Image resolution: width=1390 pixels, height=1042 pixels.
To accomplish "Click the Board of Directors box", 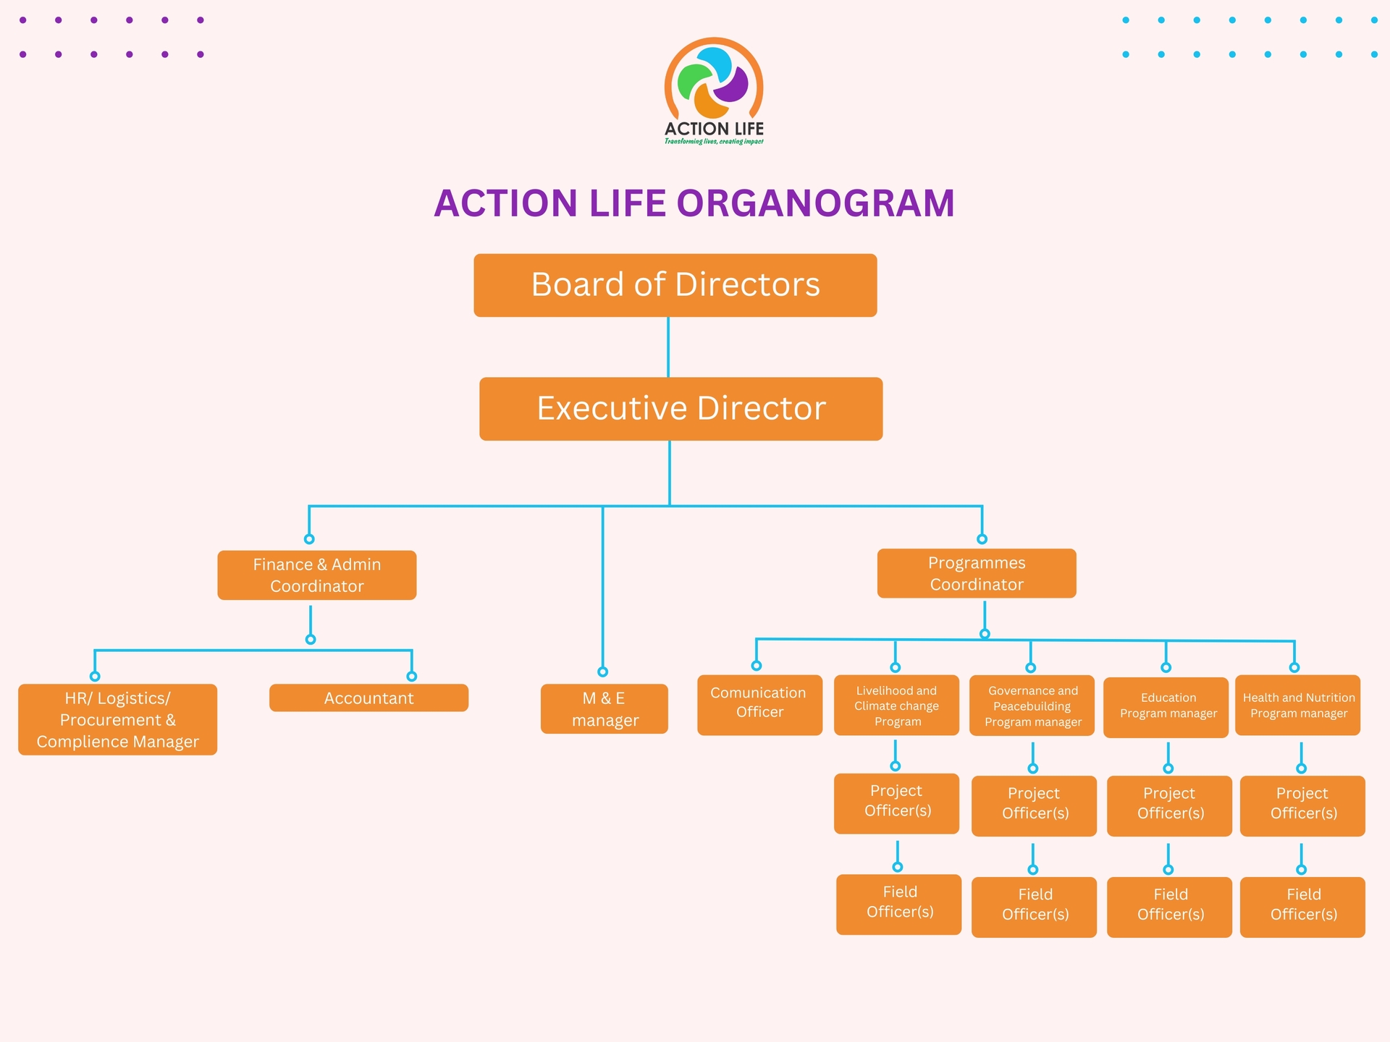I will [x=675, y=285].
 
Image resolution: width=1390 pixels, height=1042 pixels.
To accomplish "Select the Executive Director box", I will [x=681, y=409].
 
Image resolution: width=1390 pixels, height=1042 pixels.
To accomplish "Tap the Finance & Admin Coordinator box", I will [x=316, y=575].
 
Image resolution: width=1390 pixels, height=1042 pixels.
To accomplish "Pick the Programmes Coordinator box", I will [x=976, y=573].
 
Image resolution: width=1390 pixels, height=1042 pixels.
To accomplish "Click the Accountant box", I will [x=368, y=698].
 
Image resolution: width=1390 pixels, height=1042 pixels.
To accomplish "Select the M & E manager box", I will [x=604, y=709].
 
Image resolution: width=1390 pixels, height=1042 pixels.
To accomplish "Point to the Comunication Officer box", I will [x=759, y=705].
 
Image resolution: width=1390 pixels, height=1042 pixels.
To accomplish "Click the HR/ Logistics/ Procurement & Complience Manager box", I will [x=117, y=719].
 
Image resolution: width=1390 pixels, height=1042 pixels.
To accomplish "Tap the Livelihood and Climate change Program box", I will [x=896, y=706].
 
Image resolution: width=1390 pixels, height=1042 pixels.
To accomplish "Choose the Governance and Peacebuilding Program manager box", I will [x=1032, y=706].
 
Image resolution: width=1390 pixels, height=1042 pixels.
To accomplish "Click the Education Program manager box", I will [x=1166, y=707].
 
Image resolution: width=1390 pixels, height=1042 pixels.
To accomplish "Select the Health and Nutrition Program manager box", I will [x=1297, y=706].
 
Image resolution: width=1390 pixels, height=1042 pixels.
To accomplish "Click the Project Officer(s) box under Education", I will [x=1168, y=805].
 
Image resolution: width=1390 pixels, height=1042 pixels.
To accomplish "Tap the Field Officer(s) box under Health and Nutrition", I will [x=1302, y=907].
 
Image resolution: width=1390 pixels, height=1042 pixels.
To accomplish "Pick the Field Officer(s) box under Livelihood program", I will [x=898, y=904].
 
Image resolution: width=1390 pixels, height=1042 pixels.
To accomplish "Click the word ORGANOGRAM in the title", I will [x=815, y=203].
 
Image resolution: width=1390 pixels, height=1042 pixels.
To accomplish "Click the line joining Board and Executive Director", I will [x=668, y=347].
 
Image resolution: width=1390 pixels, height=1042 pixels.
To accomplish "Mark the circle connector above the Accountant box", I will [x=411, y=677].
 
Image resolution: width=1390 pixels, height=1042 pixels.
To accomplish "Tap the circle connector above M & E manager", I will [x=602, y=672].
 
